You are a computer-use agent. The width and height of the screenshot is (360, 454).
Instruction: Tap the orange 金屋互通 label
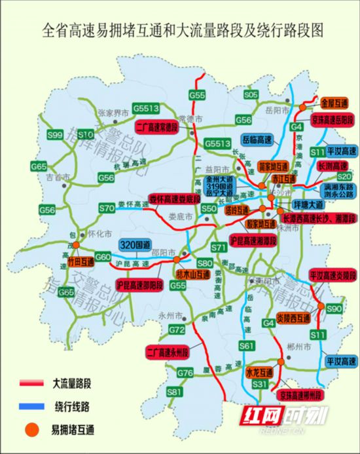pyautogui.click(x=334, y=104)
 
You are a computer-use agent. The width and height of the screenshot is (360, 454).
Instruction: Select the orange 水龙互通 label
pyautogui.click(x=260, y=373)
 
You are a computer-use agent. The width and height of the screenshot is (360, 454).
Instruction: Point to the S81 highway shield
pyautogui.click(x=174, y=392)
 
